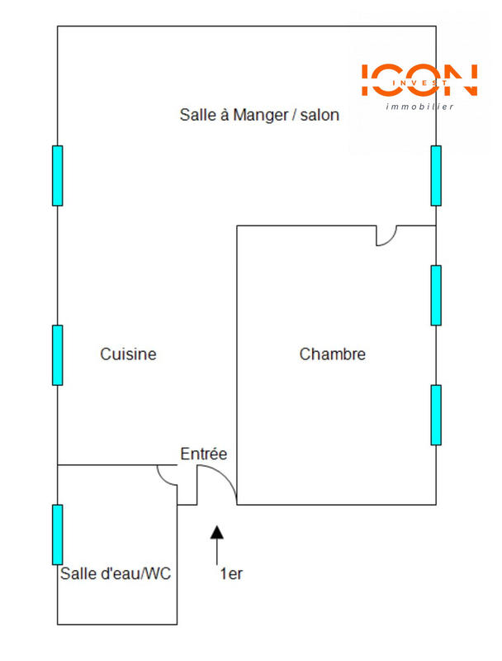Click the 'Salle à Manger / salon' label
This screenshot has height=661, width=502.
point(259,115)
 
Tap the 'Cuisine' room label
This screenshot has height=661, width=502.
point(128,354)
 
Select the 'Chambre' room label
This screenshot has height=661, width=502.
point(332,354)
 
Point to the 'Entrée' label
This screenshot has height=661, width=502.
point(204,454)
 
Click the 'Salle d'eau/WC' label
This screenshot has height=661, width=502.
point(116,573)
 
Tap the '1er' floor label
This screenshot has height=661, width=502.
point(231,574)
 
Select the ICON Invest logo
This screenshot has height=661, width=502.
point(419,80)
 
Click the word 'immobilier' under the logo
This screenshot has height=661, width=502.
point(420,107)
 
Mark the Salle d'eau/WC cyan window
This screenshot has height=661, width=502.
point(57,534)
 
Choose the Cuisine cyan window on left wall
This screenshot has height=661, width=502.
point(57,354)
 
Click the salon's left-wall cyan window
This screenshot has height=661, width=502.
point(57,175)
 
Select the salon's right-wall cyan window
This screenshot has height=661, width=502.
point(436,175)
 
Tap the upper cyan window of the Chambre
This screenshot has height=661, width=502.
point(436,295)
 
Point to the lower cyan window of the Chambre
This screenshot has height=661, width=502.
point(436,415)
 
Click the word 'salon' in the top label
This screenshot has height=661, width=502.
point(320,115)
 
